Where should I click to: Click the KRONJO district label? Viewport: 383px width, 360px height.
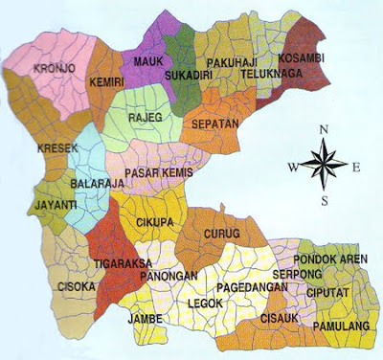pos(52,69)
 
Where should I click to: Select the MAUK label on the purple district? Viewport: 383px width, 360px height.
pos(146,64)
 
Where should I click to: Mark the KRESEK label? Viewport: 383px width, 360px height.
pos(53,148)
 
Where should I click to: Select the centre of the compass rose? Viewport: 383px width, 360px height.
pos(327,165)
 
